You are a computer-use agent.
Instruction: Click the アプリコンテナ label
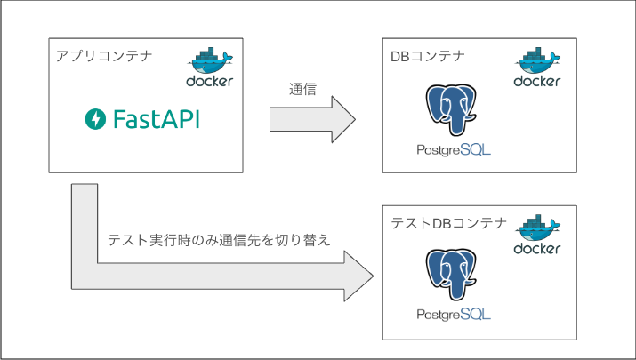pyautogui.click(x=104, y=55)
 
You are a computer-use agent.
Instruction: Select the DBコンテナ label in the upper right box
pyautogui.click(x=428, y=56)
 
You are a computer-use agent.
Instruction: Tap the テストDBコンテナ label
pyautogui.click(x=448, y=223)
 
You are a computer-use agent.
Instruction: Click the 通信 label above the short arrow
pyautogui.click(x=302, y=89)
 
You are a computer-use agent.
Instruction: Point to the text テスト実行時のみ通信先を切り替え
pyautogui.click(x=219, y=240)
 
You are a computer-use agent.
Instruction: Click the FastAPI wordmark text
pyautogui.click(x=157, y=119)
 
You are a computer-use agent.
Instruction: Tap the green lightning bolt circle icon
pyautogui.click(x=95, y=119)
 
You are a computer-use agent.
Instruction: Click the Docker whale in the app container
pyautogui.click(x=210, y=60)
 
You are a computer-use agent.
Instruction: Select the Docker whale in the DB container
pyautogui.click(x=537, y=60)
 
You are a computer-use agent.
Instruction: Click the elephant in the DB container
pyautogui.click(x=451, y=110)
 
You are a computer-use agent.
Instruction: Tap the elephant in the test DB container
pyautogui.click(x=451, y=275)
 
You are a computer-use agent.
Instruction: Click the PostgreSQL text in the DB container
pyautogui.click(x=454, y=150)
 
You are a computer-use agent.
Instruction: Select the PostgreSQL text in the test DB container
pyautogui.click(x=454, y=314)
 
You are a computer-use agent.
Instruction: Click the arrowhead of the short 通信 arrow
pyautogui.click(x=343, y=120)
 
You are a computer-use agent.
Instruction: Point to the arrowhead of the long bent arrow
pyautogui.click(x=358, y=276)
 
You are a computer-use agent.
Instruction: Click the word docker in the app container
pyautogui.click(x=210, y=81)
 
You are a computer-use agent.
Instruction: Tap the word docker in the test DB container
pyautogui.click(x=537, y=249)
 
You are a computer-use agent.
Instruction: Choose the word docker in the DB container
pyautogui.click(x=537, y=81)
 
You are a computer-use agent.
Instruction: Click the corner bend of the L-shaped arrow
pyautogui.click(x=85, y=276)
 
